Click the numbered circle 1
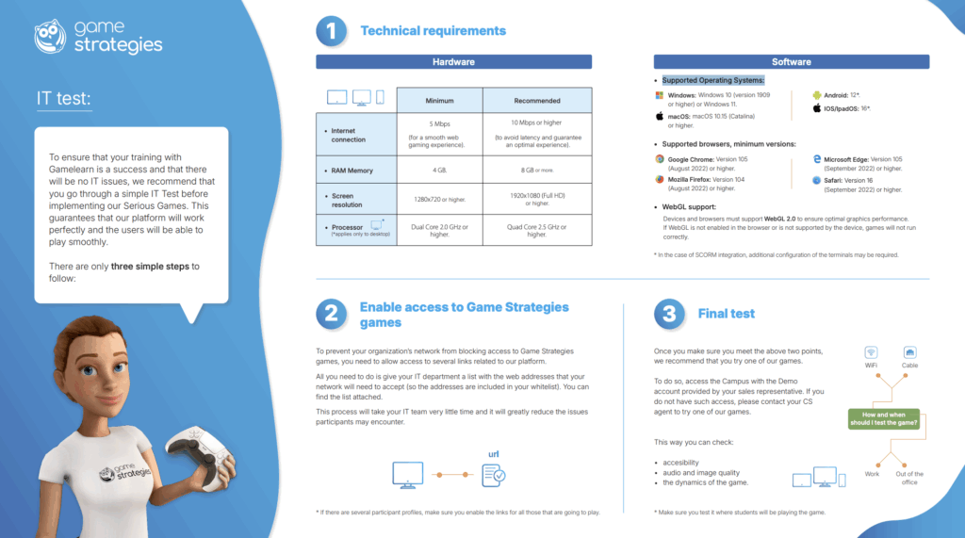click(x=331, y=31)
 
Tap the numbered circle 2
click(x=331, y=314)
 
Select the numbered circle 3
click(x=669, y=314)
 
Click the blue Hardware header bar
click(x=453, y=62)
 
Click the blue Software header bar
click(x=791, y=62)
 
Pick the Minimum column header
click(x=439, y=100)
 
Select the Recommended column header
click(x=537, y=100)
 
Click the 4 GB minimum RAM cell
click(x=439, y=171)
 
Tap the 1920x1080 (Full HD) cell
click(x=537, y=200)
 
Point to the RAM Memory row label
click(x=352, y=171)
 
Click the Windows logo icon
click(x=660, y=95)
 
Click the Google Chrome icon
click(x=660, y=159)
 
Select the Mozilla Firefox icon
click(x=660, y=178)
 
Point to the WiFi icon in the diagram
click(x=872, y=351)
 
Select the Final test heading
click(x=726, y=314)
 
